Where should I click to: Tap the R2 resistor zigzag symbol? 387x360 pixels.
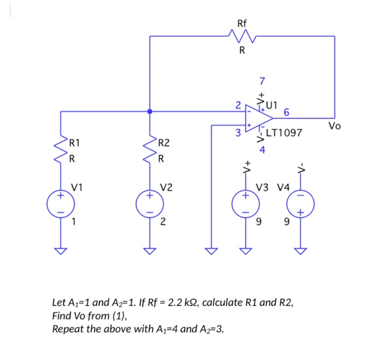150,150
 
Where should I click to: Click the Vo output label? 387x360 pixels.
334,125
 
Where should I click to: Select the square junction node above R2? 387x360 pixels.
150,111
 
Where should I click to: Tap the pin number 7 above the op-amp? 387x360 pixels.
262,81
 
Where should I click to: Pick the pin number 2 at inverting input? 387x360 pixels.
238,105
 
